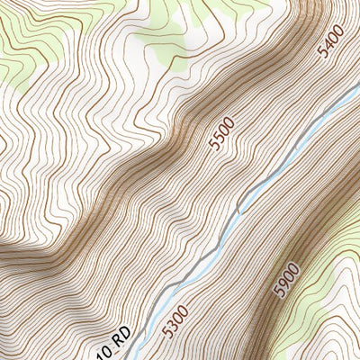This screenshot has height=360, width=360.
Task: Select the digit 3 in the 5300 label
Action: click(174, 325)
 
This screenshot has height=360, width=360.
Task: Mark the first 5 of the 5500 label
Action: click(211, 146)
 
